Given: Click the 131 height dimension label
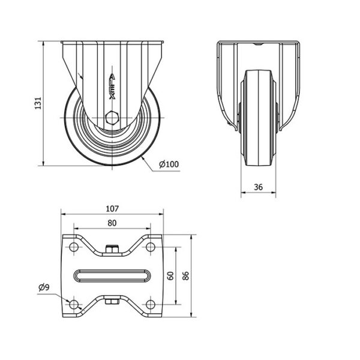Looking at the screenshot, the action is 38,103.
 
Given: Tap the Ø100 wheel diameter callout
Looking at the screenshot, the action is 169,164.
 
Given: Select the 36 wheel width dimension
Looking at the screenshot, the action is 258,187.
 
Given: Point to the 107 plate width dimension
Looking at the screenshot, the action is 113,209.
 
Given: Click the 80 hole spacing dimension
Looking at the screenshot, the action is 112,223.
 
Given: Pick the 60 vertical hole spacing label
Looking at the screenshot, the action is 170,276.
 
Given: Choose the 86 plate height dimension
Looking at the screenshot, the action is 185,276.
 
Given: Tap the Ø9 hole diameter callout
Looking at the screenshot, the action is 44,287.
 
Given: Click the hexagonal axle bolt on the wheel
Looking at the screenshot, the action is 112,118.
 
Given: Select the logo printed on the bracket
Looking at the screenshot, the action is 112,86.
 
